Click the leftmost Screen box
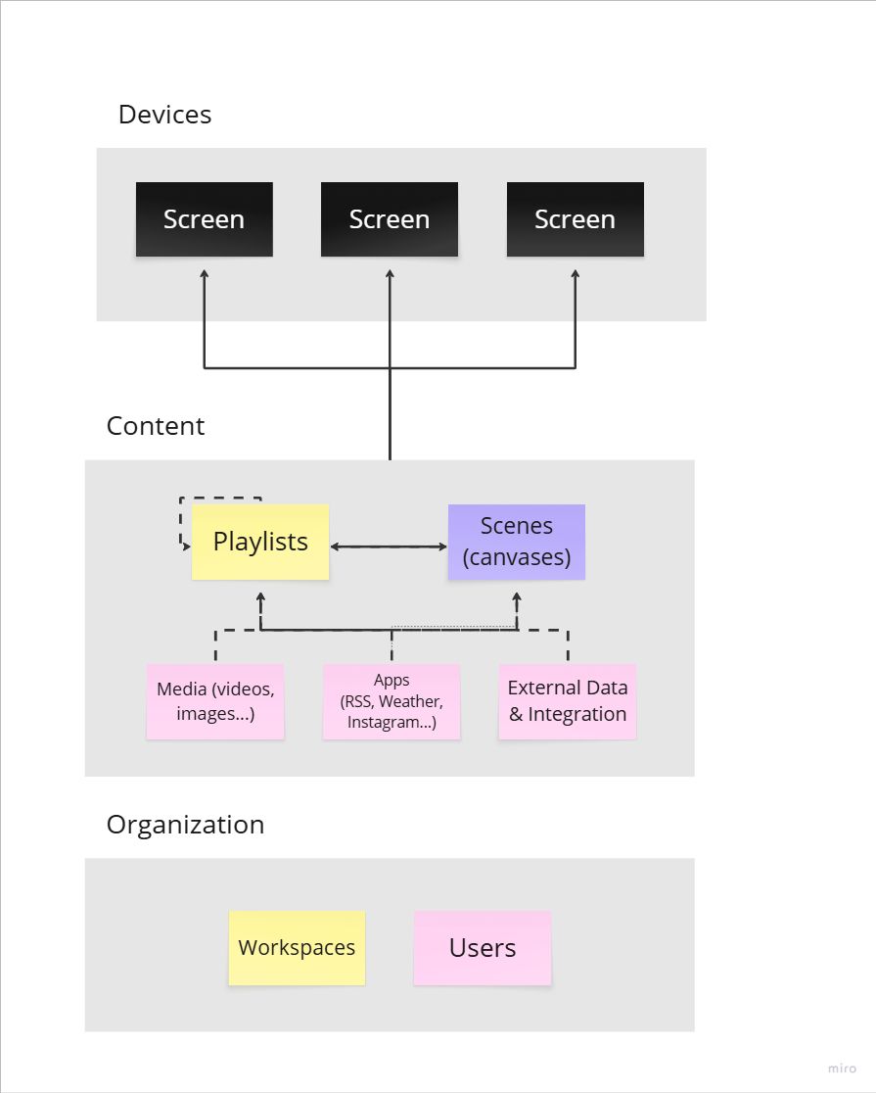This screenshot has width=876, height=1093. pos(204,219)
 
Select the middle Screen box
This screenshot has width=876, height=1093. pos(390,219)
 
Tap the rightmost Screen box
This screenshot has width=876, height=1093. pos(575,219)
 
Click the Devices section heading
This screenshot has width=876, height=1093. pos(164,115)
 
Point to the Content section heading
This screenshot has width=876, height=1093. pos(156,426)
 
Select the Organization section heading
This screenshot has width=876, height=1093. pos(185,825)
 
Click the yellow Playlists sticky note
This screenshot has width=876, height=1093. pos(260,542)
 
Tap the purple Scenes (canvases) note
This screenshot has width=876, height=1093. pos(517,542)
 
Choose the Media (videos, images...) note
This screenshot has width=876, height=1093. pos(215,701)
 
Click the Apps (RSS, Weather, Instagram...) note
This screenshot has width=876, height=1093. pos(392,701)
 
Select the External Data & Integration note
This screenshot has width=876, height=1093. pos(568,701)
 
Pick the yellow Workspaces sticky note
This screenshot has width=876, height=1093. pos(297,948)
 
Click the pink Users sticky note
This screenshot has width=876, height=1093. pos(483,948)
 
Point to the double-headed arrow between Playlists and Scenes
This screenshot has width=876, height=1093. pos(389,546)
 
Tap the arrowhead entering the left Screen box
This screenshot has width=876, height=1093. pos(204,274)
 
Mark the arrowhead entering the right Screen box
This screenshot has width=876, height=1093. pos(575,274)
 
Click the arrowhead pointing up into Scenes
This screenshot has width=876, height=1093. pos(516,596)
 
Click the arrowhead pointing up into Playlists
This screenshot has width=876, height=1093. pos(260,596)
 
